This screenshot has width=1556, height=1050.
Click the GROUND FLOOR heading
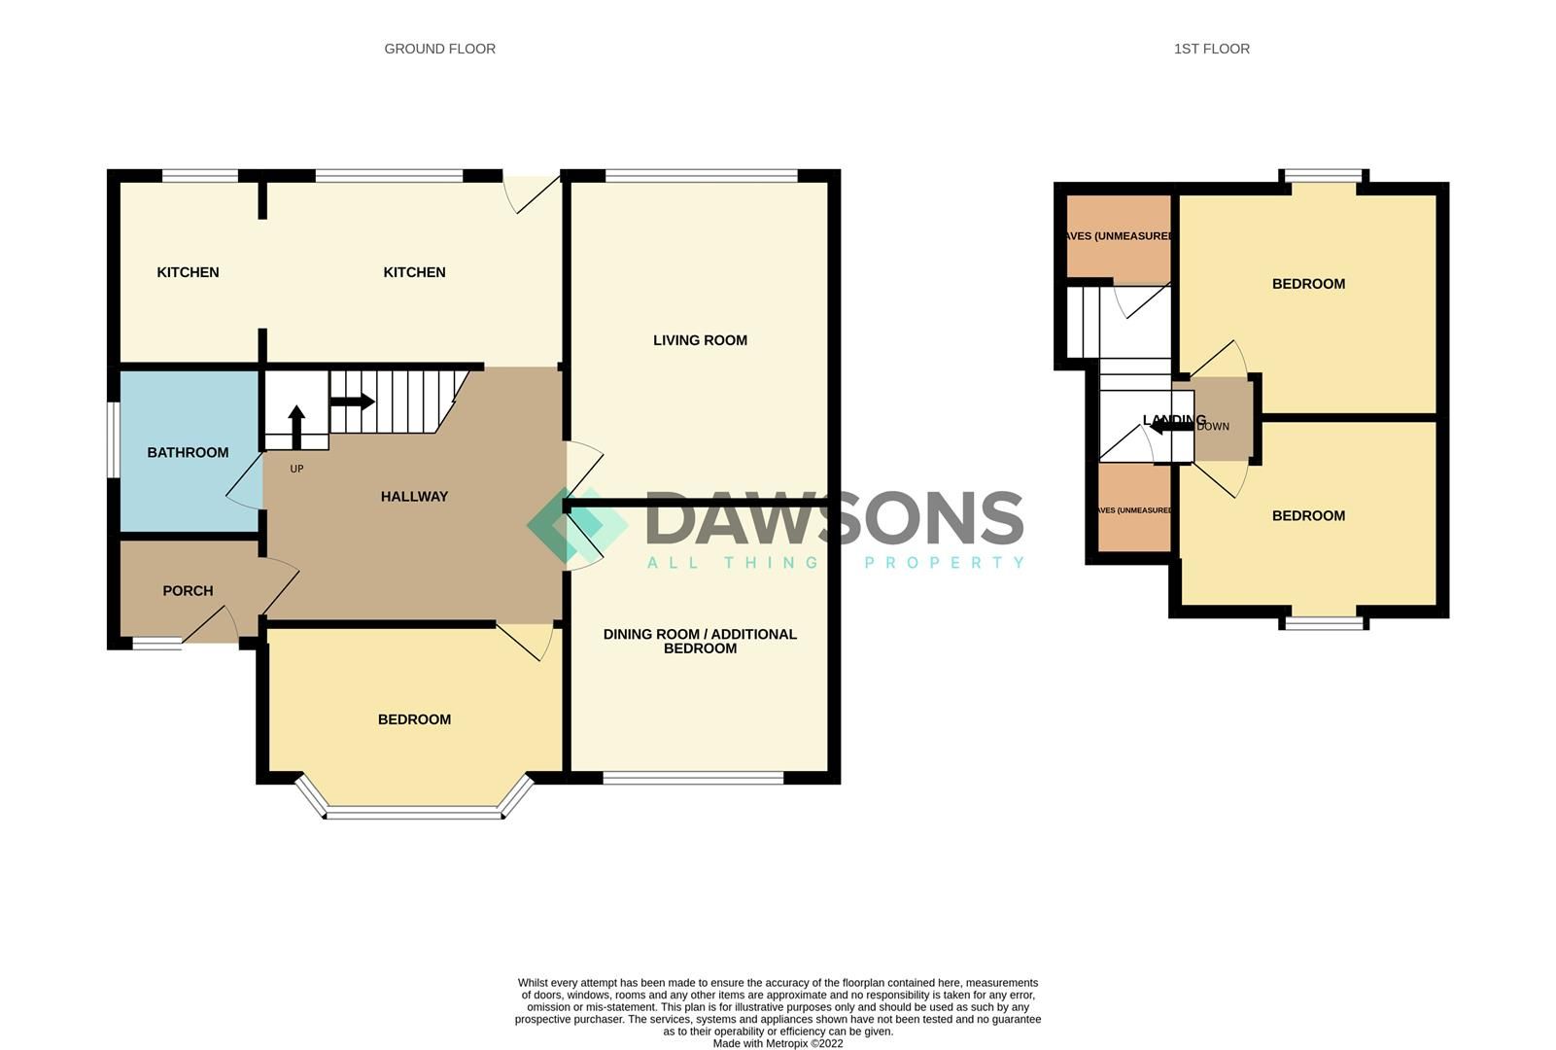click(x=439, y=49)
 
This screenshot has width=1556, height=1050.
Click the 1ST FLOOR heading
click(x=1211, y=49)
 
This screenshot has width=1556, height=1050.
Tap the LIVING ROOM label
click(x=700, y=340)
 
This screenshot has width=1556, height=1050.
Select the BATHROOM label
click(x=188, y=452)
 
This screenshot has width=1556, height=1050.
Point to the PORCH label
click(x=188, y=590)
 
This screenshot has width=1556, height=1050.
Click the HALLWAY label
click(x=414, y=496)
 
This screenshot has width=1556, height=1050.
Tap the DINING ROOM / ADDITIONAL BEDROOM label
click(x=700, y=641)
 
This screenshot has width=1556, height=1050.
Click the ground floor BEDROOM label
click(x=414, y=719)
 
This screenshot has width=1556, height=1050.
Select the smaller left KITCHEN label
click(x=188, y=272)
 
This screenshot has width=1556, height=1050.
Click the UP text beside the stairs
click(x=296, y=469)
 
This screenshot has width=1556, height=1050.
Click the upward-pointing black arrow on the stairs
click(x=296, y=426)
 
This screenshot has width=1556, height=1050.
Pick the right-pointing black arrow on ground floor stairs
click(x=353, y=402)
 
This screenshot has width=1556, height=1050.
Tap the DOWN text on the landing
click(x=1213, y=427)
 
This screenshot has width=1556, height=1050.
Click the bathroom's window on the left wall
click(x=113, y=440)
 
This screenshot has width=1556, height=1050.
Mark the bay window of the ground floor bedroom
click(x=414, y=813)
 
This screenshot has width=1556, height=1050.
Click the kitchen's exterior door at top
click(x=532, y=192)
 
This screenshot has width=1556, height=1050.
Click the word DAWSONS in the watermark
click(x=834, y=517)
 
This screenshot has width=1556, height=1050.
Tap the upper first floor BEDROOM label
click(x=1308, y=284)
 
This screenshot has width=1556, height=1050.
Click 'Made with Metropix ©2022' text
click(x=778, y=1043)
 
